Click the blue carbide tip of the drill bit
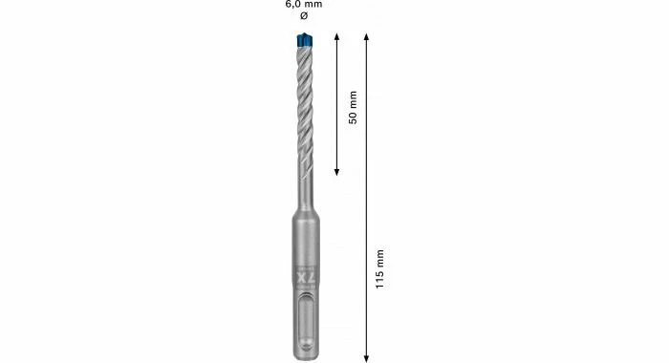[305, 40]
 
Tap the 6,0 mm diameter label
[304, 5]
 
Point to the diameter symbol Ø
[304, 16]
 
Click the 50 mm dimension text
[353, 107]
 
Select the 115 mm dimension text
[379, 269]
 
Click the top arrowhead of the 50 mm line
[336, 36]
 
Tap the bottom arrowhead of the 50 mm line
[336, 172]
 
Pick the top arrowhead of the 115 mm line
[366, 36]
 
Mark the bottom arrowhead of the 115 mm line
[366, 358]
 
